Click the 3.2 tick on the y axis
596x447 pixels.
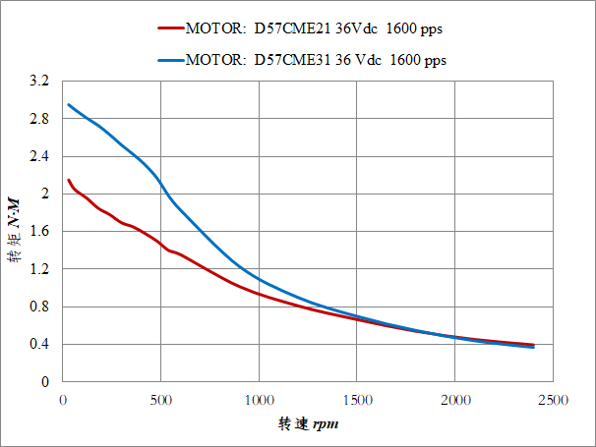38,82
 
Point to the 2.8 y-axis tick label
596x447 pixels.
38,119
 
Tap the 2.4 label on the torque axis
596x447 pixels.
38,156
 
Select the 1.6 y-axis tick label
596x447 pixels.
38,232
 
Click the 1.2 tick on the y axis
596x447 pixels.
38,269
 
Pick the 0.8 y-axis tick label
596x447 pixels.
38,307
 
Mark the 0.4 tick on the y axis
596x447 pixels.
38,344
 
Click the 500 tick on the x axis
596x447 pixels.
160,399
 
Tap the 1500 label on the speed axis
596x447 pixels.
356,399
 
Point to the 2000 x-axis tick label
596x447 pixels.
454,399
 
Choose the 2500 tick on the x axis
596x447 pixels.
552,399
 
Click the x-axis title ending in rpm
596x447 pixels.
308,425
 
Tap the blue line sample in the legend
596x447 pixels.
170,60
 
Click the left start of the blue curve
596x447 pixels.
68,104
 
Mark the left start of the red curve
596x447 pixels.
68,180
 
